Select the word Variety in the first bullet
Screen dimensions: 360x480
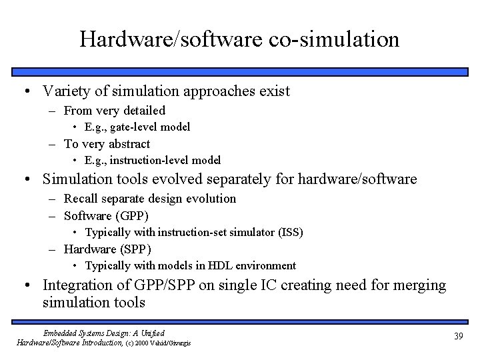tap(64, 91)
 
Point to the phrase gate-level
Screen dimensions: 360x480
tap(134, 127)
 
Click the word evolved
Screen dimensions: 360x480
tap(194, 179)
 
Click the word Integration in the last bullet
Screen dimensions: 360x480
tap(75, 285)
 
